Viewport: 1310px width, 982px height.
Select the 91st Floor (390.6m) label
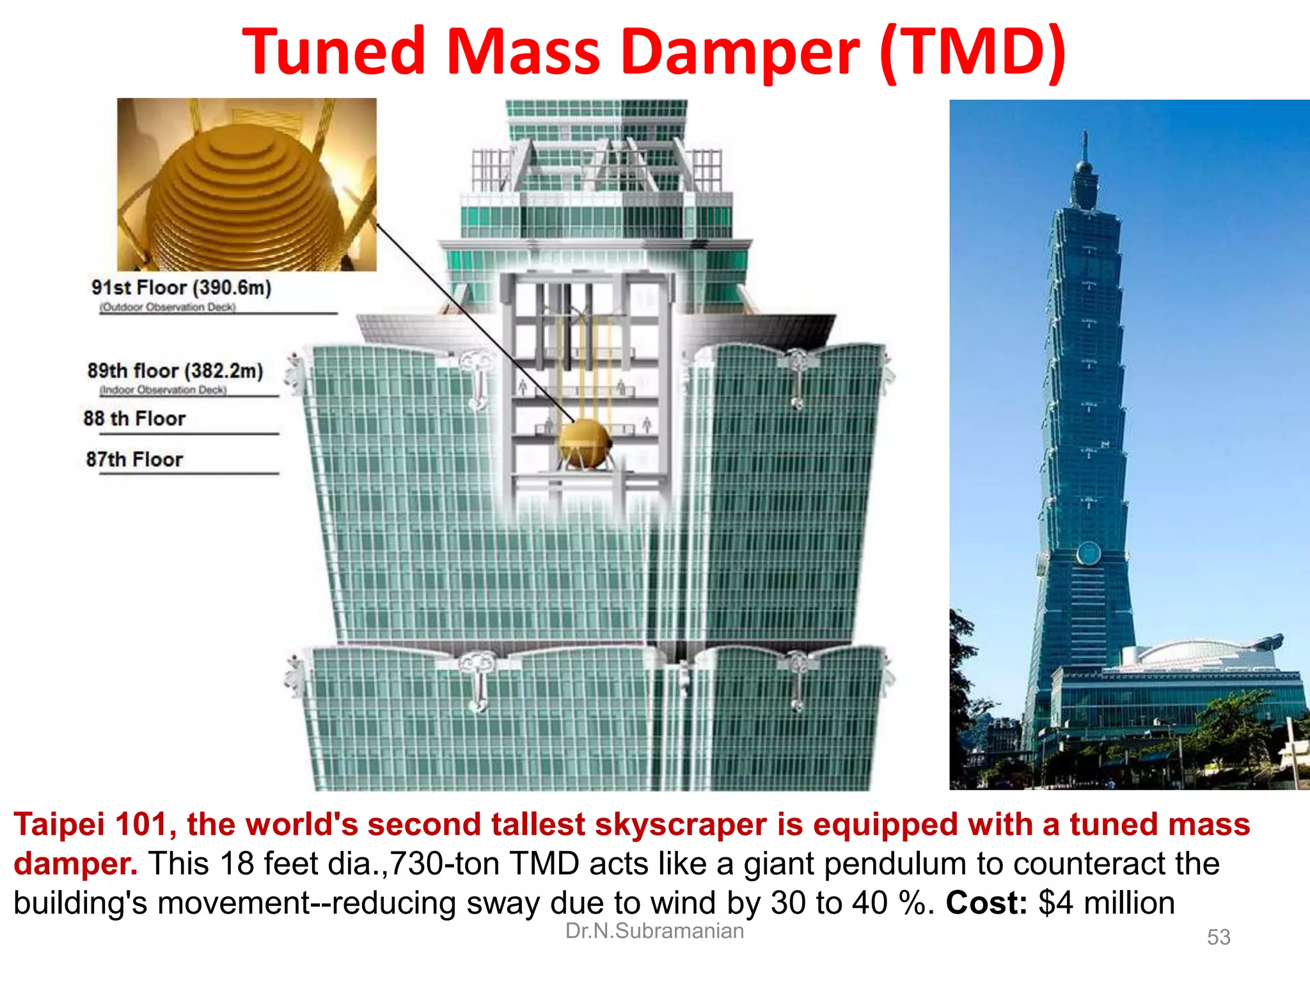[181, 288]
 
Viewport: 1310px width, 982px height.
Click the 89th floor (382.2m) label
[175, 371]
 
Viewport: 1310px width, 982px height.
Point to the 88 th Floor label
[134, 419]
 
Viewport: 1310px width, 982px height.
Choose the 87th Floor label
[134, 459]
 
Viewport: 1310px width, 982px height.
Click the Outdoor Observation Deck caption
[168, 308]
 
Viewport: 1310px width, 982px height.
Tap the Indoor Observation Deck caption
[163, 390]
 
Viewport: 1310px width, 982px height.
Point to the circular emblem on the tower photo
[1088, 554]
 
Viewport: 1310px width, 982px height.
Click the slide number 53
[1219, 937]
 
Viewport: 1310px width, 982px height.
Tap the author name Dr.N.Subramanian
[654, 931]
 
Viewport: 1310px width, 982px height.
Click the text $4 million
[1107, 903]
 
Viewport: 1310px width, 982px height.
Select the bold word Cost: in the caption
[986, 903]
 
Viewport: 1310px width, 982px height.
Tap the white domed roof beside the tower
[1196, 652]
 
